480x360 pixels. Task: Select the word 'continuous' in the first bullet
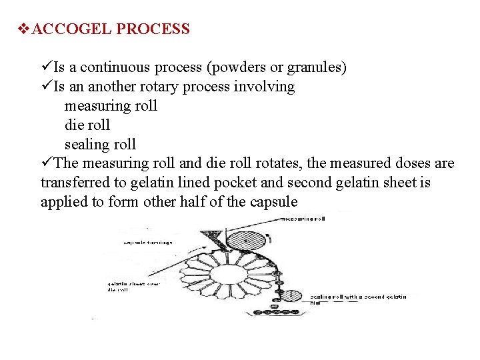(x=119, y=67)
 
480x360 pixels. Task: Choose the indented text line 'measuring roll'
(x=111, y=106)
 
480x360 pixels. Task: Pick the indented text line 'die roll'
(x=87, y=125)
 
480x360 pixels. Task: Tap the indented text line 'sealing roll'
(x=100, y=145)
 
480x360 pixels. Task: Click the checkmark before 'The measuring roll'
(x=46, y=163)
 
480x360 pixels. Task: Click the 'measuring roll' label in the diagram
(x=305, y=219)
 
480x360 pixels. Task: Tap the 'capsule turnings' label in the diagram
(x=147, y=243)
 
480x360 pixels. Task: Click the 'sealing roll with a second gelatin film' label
(x=357, y=299)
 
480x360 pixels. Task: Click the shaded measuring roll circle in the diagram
(x=247, y=239)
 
